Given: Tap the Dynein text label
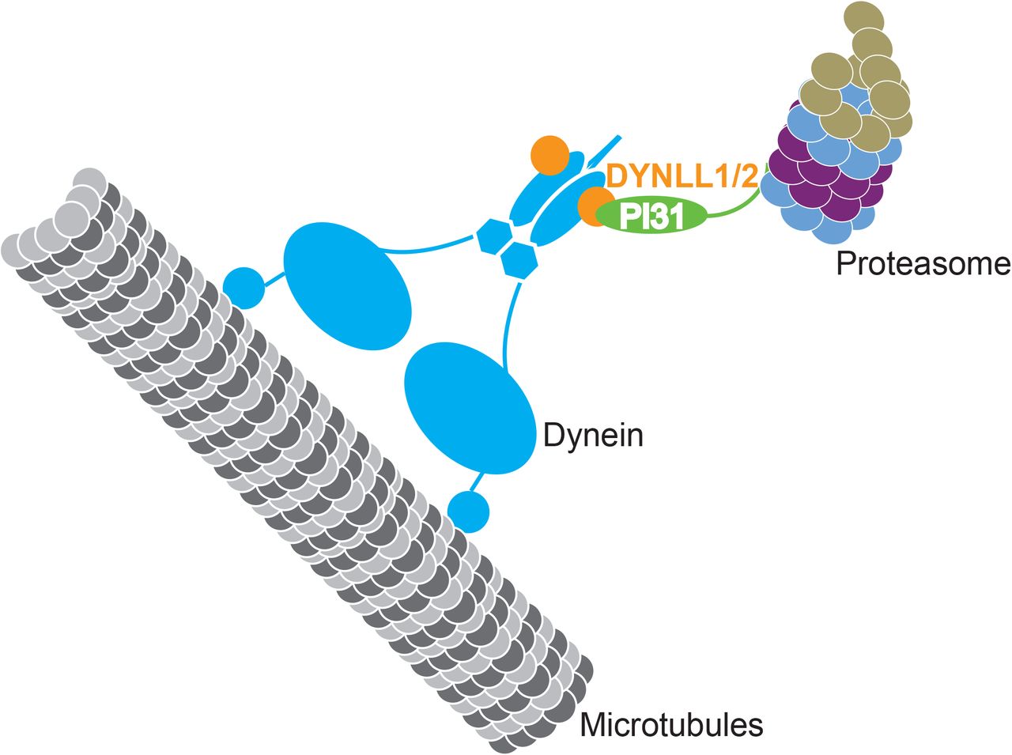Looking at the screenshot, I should click(x=593, y=436).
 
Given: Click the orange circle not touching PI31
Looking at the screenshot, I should click(x=549, y=156).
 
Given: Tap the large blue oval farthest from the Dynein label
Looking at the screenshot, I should click(x=348, y=285).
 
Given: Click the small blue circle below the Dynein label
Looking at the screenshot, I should click(x=469, y=512).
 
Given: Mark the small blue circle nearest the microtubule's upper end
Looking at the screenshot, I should click(x=244, y=289).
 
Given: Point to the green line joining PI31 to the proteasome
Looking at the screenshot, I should click(x=735, y=207).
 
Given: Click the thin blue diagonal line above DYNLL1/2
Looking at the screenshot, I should click(x=604, y=150).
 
